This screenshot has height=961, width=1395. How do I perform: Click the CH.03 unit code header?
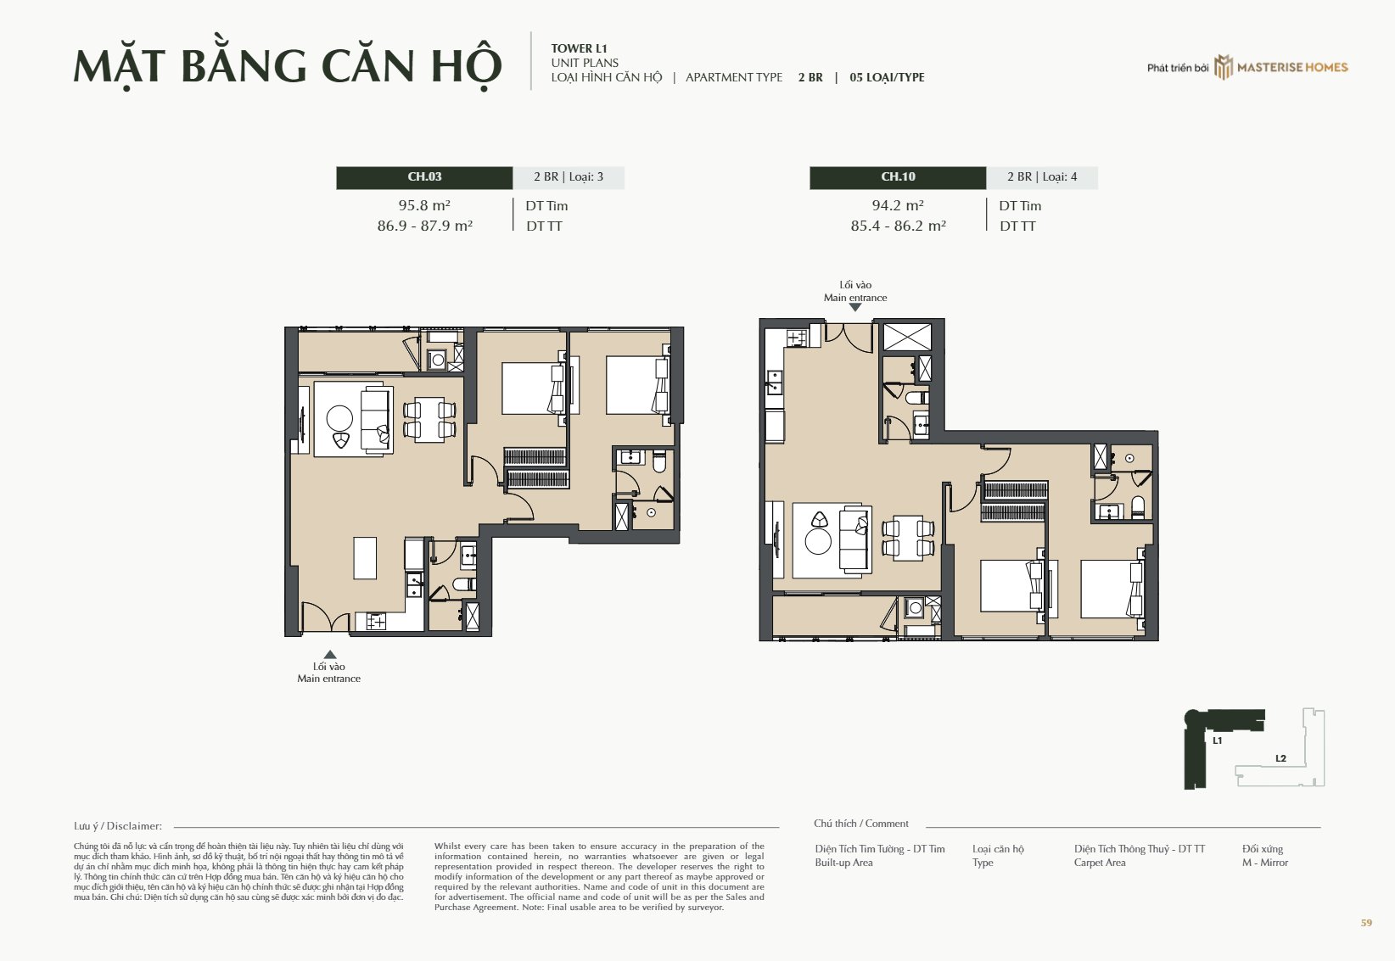(x=424, y=177)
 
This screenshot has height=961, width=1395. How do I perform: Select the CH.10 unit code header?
(x=898, y=177)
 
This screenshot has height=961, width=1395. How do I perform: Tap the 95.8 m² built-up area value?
(x=424, y=205)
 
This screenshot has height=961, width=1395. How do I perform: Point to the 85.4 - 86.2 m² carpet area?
(x=898, y=226)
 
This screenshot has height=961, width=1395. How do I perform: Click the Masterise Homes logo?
(x=1280, y=67)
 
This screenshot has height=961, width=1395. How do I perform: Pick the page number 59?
(x=1366, y=923)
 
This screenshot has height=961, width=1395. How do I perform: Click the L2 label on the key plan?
(x=1280, y=758)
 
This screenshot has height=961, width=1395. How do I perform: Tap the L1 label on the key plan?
(x=1218, y=740)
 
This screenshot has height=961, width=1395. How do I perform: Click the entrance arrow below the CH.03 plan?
(x=330, y=655)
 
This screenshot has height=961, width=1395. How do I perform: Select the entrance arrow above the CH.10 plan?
(x=855, y=308)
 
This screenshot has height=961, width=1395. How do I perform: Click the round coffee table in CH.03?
(x=339, y=418)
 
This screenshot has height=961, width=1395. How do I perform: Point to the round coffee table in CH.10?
(x=818, y=541)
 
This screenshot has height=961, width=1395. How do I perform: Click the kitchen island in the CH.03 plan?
(x=365, y=557)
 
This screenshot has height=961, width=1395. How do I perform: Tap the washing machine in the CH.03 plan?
(x=437, y=360)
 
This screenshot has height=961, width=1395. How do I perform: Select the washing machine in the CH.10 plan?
(x=914, y=607)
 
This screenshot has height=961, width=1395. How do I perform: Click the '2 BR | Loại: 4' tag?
(x=1042, y=177)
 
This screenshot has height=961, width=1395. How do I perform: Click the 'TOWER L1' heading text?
(x=580, y=48)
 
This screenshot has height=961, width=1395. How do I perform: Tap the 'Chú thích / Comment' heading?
(x=860, y=824)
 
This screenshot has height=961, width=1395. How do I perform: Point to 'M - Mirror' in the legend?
(x=1265, y=863)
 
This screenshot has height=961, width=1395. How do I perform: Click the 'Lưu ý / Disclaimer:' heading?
(x=118, y=826)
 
